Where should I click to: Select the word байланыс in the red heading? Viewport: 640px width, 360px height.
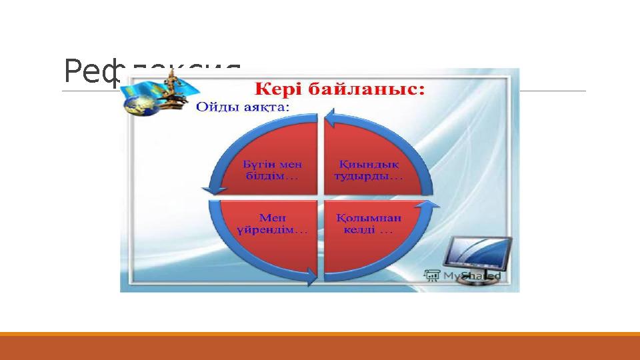tap(368, 89)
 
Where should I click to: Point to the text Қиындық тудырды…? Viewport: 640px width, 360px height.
tap(367, 171)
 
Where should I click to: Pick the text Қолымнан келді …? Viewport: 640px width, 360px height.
tap(367, 223)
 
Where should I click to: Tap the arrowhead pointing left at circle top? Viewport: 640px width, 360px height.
tap(332, 120)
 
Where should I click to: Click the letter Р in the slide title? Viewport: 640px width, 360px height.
tap(72, 71)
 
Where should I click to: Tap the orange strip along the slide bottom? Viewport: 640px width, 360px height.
tap(320, 334)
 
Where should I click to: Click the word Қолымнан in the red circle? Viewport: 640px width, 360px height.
tap(367, 217)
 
